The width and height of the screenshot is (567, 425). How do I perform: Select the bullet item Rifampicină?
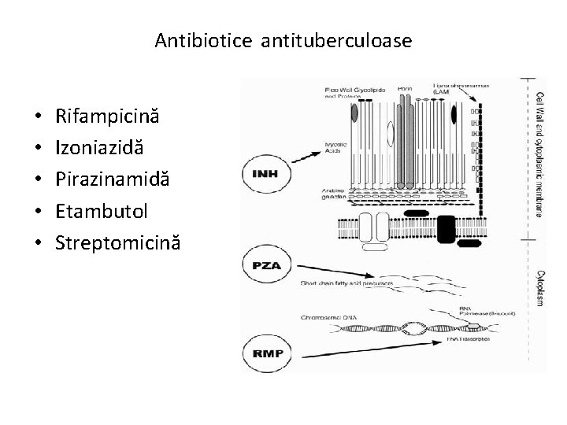point(107,116)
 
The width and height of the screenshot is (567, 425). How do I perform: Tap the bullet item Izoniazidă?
point(99,148)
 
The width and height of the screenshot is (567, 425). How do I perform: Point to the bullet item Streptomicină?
point(117,242)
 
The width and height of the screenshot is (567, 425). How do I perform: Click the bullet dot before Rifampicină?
point(39,117)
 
